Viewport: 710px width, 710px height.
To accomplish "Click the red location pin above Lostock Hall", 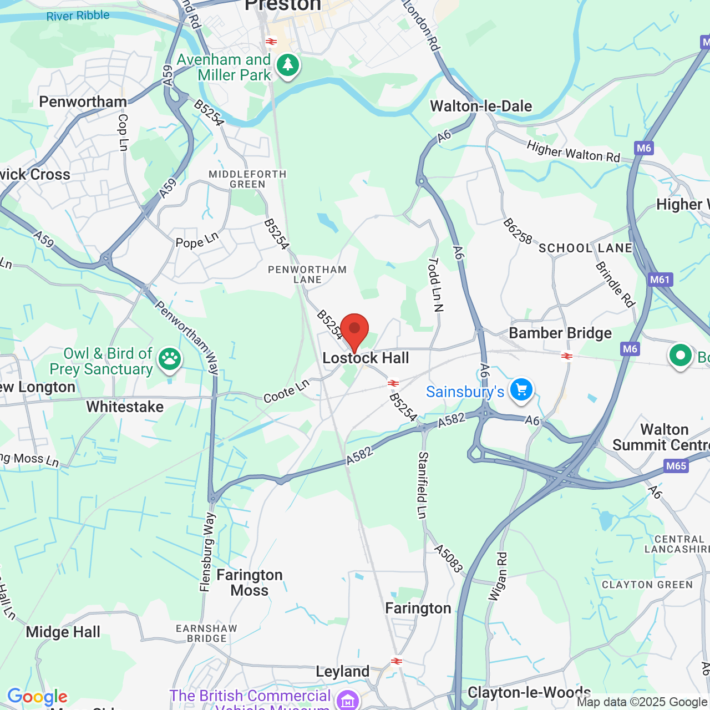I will [x=354, y=329].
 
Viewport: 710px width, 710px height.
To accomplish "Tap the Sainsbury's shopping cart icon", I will [x=521, y=390].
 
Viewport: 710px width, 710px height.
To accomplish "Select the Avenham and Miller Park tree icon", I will [x=287, y=65].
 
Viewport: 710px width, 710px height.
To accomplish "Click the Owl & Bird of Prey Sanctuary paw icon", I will [x=170, y=359].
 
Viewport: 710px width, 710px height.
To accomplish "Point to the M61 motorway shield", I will [x=660, y=280].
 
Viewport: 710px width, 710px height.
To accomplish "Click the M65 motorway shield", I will [x=676, y=466].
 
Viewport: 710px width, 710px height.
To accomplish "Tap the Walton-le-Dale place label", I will [x=481, y=106].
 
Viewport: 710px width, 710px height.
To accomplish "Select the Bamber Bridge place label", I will [x=560, y=333].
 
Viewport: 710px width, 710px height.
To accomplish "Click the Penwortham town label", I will [x=83, y=102].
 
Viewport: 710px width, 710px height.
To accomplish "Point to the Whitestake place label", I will [x=125, y=407].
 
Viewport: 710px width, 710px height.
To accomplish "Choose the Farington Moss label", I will [x=250, y=582].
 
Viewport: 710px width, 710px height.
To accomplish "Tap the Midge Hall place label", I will [x=63, y=632].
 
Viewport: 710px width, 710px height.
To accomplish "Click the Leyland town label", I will [x=342, y=672].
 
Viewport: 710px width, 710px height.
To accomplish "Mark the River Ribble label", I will [x=78, y=16].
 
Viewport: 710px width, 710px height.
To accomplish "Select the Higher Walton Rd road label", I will [x=573, y=152].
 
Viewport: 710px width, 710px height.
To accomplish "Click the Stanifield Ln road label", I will [x=423, y=485].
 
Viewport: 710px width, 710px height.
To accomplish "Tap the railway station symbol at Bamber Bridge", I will [x=566, y=356].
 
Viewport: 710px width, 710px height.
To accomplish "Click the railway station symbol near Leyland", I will [x=396, y=661].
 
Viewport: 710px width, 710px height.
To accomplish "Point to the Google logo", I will [x=37, y=697].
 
